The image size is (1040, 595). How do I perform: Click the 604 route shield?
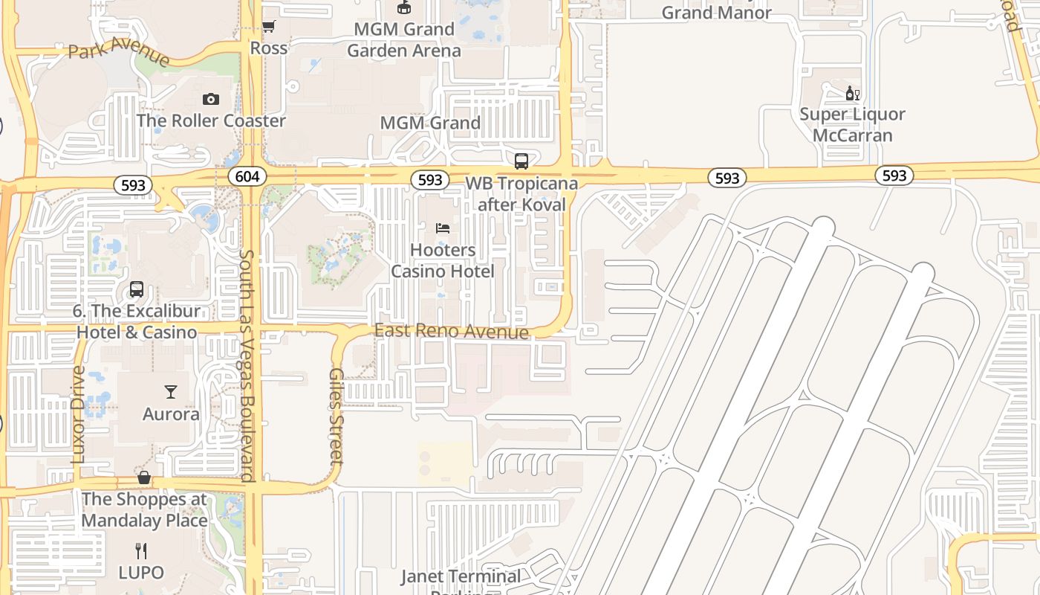click(x=245, y=176)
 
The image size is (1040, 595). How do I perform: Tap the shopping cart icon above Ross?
click(x=269, y=27)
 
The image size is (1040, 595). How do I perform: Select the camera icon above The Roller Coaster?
click(x=211, y=99)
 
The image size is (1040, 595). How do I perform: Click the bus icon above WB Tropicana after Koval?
click(x=521, y=161)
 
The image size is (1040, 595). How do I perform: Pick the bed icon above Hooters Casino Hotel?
click(x=443, y=228)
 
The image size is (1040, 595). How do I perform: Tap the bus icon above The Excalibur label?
click(x=137, y=289)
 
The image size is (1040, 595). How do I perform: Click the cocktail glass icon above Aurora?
click(x=171, y=391)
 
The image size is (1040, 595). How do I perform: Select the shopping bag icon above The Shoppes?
click(x=144, y=477)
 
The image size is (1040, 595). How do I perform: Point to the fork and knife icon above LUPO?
click(x=141, y=550)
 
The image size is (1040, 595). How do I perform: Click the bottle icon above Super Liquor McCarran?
click(x=852, y=93)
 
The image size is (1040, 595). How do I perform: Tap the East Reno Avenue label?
click(x=452, y=331)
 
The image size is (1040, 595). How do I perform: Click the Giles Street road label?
click(x=337, y=416)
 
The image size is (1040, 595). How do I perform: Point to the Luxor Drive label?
click(x=79, y=414)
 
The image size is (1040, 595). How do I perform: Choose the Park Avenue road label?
click(x=119, y=54)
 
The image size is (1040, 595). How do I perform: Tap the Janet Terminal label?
click(x=461, y=576)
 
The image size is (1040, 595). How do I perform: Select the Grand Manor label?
click(x=716, y=12)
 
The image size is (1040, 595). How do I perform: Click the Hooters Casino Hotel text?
click(x=443, y=260)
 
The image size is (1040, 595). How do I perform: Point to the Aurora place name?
click(x=171, y=414)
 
